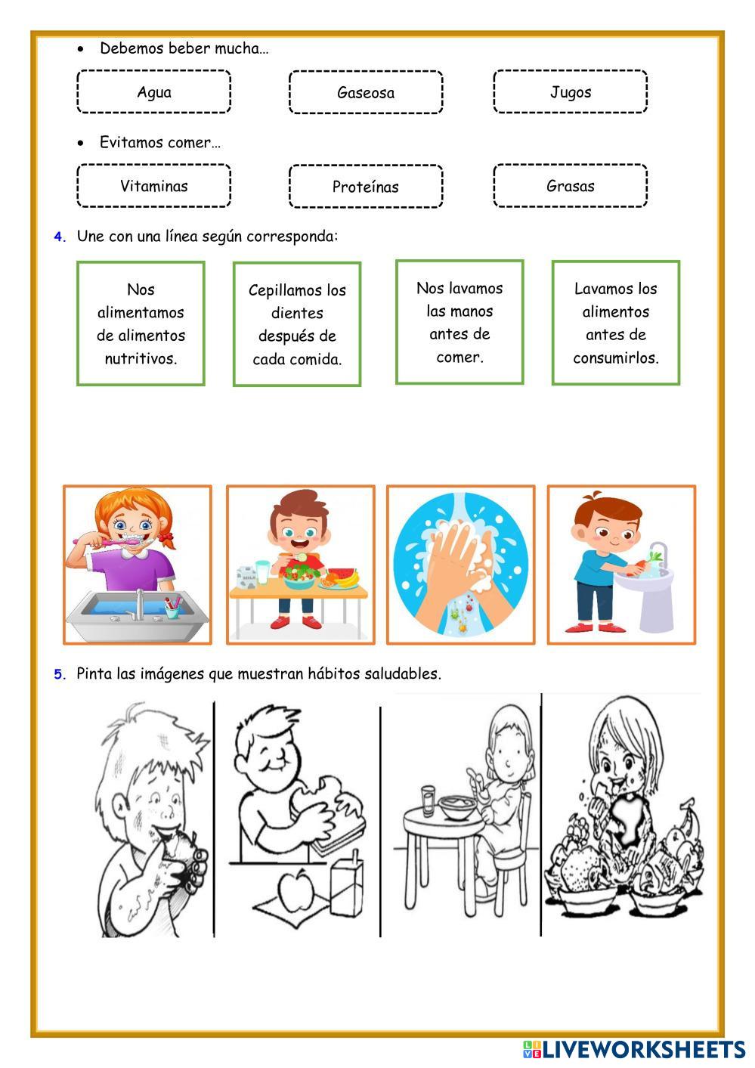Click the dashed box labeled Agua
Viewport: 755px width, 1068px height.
point(153,91)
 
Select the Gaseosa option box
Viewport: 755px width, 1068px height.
point(366,92)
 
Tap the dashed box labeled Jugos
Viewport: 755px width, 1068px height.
point(570,91)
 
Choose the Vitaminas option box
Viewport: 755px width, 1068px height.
point(153,185)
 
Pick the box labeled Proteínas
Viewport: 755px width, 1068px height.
point(366,186)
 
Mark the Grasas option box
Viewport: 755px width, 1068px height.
point(570,185)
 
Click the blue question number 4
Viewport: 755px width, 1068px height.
point(59,237)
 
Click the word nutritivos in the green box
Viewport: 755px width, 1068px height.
point(141,358)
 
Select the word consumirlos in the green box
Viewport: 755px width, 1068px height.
point(616,358)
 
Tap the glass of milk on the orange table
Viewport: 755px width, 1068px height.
point(262,571)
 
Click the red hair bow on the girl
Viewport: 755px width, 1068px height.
point(167,539)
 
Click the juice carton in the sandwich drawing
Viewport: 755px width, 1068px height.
point(347,881)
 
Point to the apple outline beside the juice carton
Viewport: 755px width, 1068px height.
point(296,890)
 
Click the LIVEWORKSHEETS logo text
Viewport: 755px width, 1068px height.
point(643,1050)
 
